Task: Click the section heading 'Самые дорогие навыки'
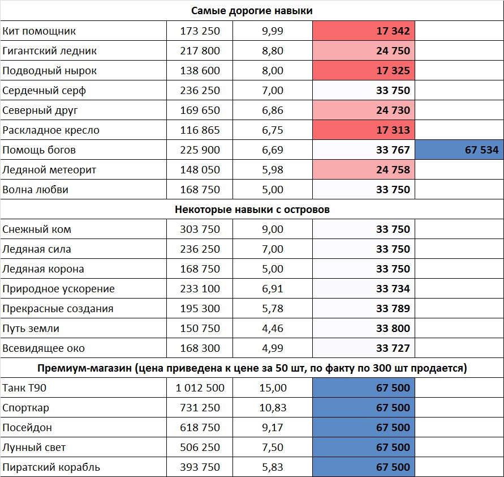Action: (252, 11)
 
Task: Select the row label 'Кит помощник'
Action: (39, 31)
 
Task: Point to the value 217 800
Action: (200, 51)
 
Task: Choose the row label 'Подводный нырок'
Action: (50, 71)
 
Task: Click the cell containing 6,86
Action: (272, 110)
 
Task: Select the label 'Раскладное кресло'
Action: (51, 130)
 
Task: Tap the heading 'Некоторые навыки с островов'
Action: (252, 210)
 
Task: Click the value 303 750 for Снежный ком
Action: (200, 229)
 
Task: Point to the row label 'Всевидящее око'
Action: (44, 348)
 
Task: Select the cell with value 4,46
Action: (272, 329)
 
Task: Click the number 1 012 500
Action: (200, 388)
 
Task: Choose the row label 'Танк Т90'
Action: (25, 388)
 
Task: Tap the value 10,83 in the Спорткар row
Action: (272, 408)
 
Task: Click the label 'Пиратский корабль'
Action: (51, 467)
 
